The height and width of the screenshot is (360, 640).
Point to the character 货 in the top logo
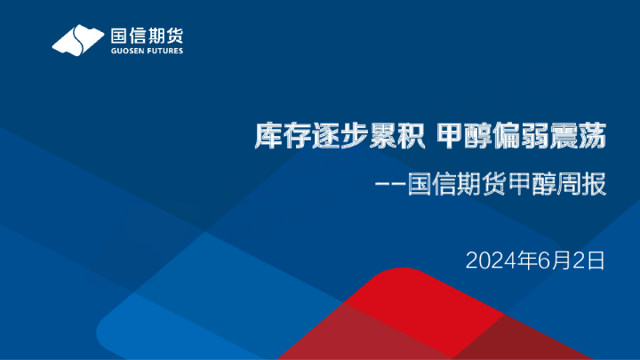pos(174,36)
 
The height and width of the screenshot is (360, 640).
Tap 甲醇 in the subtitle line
pos(532,187)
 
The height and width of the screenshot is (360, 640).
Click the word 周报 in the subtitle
pos(583,187)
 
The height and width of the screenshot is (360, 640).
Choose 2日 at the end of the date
pos(591,260)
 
